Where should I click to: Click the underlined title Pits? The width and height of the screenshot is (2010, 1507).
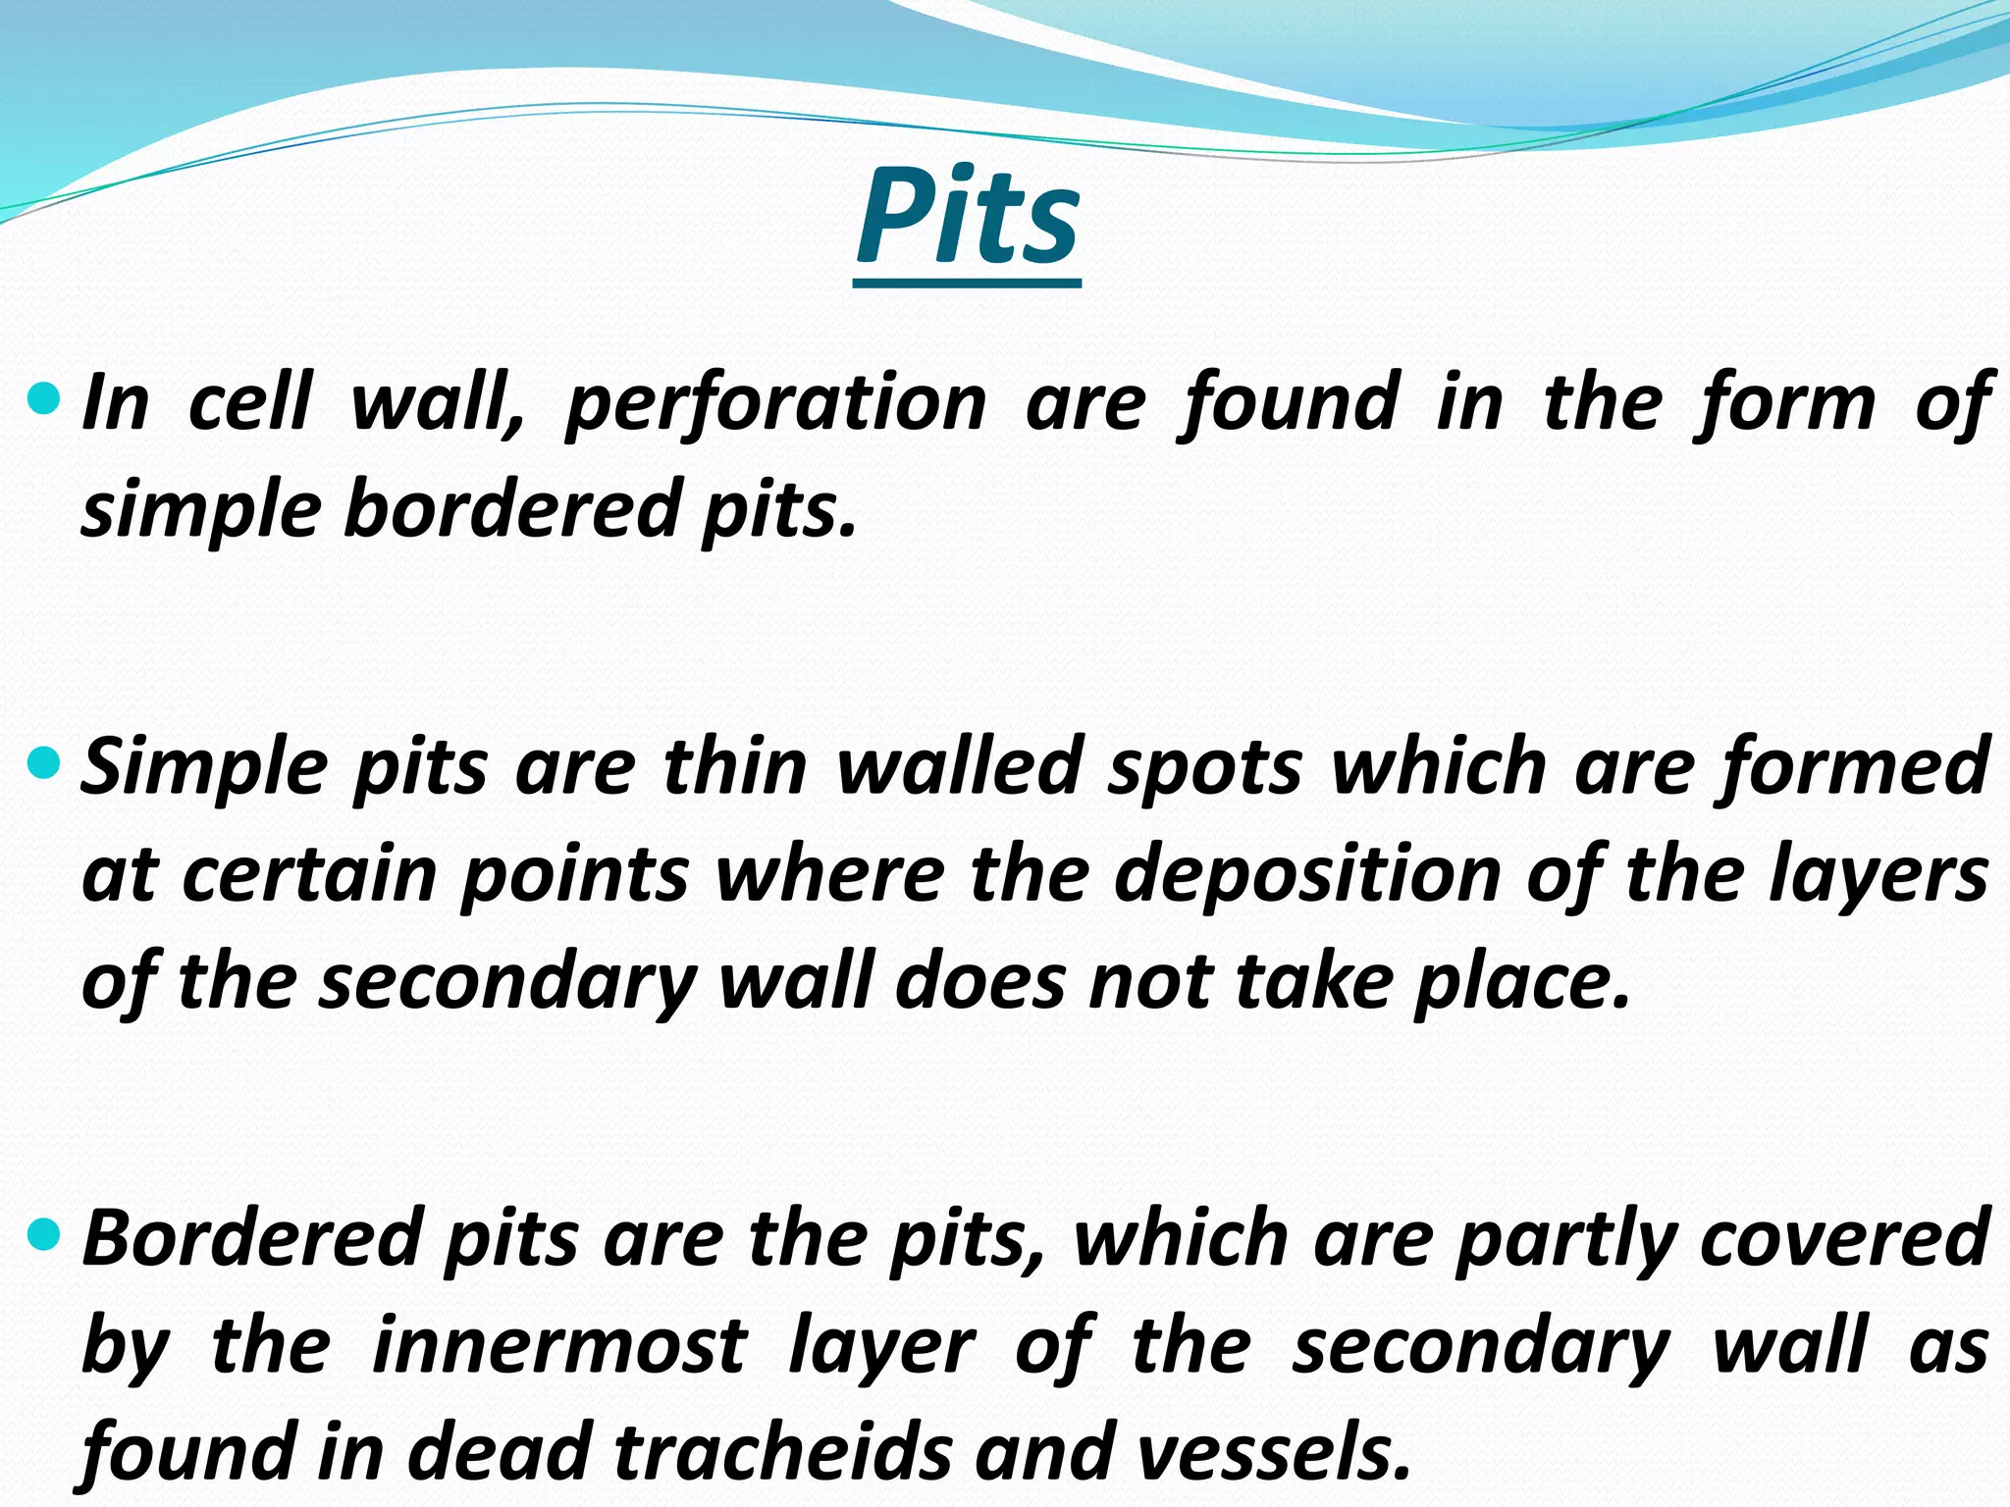[968, 219]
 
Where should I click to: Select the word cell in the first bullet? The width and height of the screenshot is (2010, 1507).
[249, 402]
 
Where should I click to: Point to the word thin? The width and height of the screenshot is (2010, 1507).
[735, 766]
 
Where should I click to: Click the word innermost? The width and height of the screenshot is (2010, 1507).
[559, 1346]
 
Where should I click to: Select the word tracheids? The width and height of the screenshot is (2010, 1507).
[783, 1452]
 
